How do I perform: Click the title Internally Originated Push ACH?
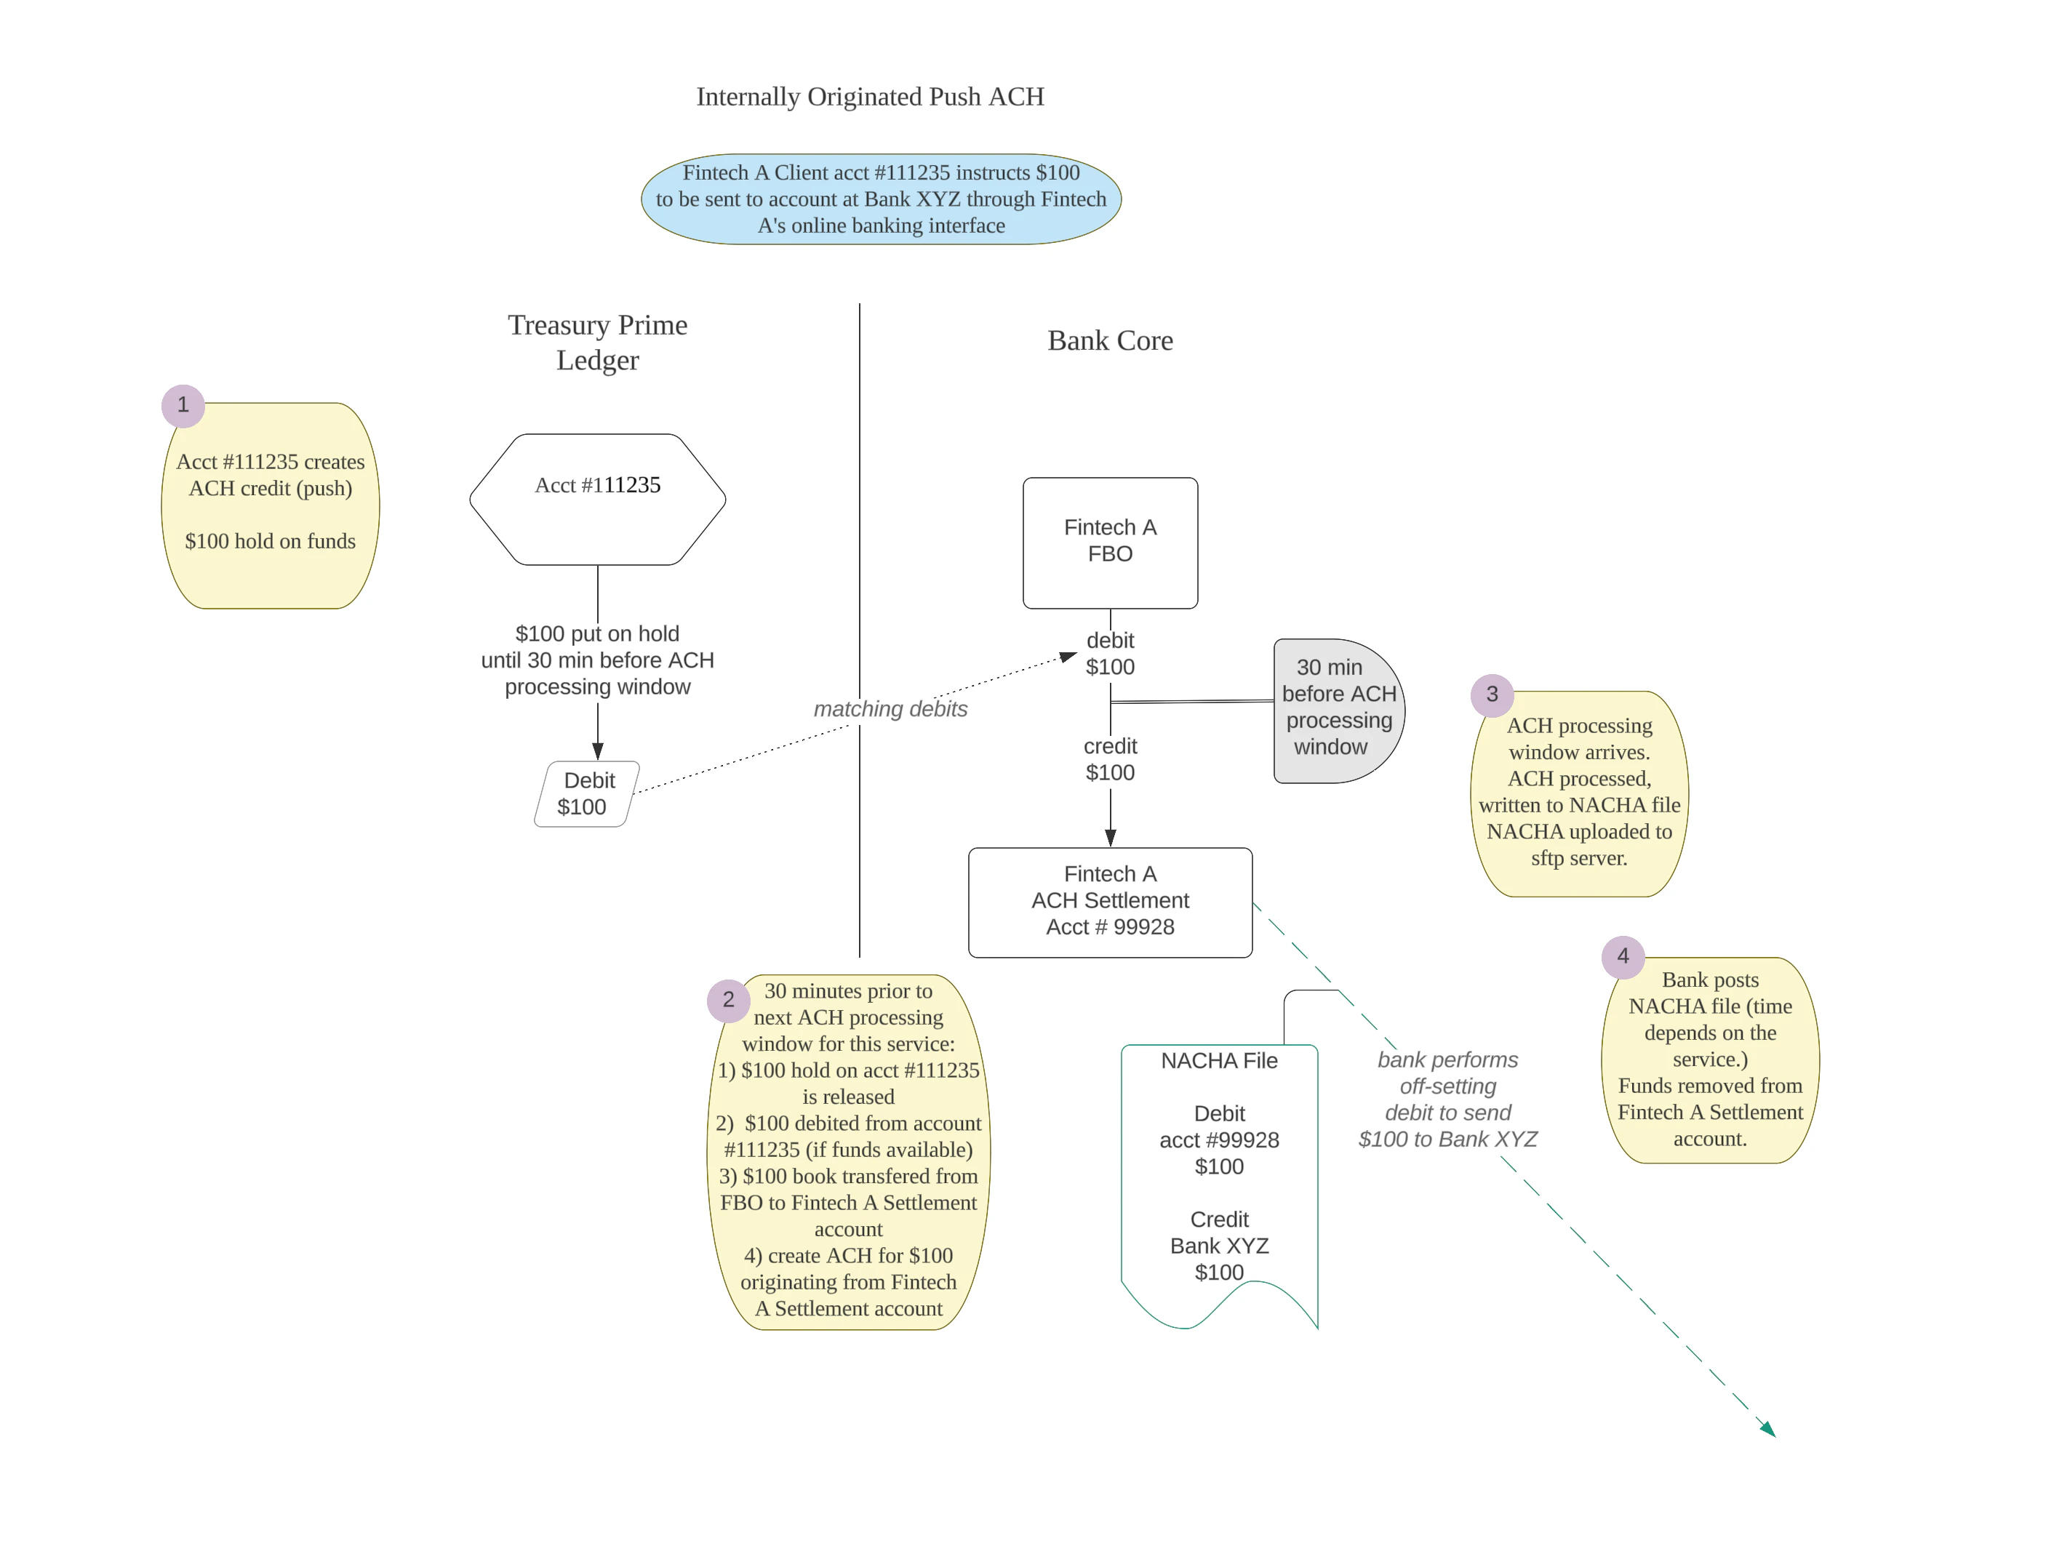tap(870, 97)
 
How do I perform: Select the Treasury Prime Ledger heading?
tap(597, 342)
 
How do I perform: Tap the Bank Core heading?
tap(1110, 341)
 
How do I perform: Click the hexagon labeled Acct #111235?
tap(597, 499)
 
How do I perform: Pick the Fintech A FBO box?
tap(1110, 542)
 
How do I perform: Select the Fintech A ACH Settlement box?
tap(1110, 901)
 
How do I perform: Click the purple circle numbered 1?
tap(183, 405)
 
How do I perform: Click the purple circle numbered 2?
tap(728, 1000)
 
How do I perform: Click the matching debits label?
tap(890, 710)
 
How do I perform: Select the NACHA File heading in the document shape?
tap(1218, 1060)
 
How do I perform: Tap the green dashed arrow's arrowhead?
tap(1768, 1430)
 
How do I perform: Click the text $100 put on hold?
tap(597, 634)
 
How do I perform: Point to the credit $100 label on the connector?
tap(1110, 759)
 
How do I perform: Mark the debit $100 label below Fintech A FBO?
tap(1110, 654)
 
